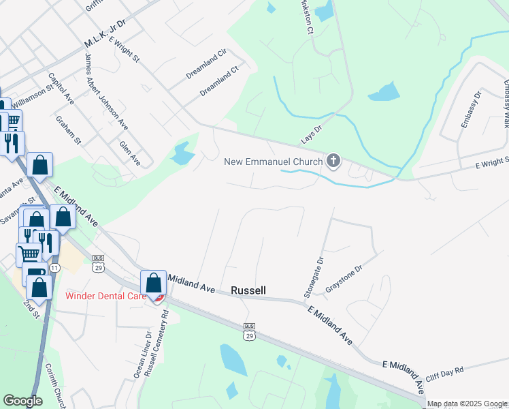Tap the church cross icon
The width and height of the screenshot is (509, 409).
coord(333,161)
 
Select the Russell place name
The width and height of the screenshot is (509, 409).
coord(248,290)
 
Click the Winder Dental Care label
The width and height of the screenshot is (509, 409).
coord(105,295)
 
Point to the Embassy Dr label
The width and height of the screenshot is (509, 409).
coord(470,110)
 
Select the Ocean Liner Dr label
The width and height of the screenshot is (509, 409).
coord(142,354)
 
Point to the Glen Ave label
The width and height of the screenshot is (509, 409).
coord(129,153)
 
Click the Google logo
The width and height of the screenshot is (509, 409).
coord(22,401)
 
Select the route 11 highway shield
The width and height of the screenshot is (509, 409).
coord(54,269)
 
